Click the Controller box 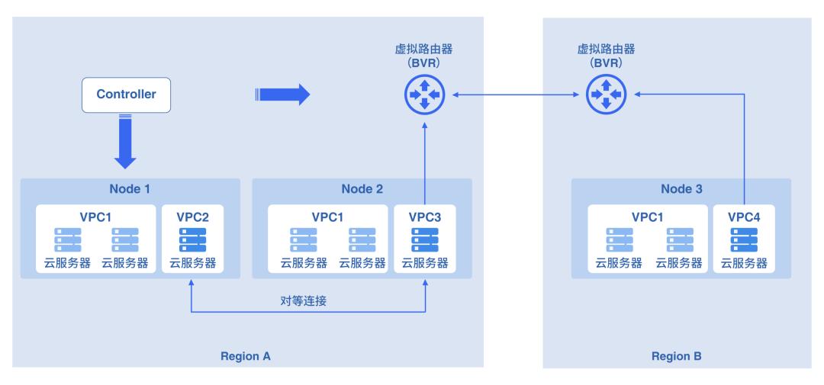pos(126,95)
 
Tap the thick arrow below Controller pos(126,142)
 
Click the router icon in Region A pos(424,95)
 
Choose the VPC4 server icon pos(744,239)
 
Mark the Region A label pos(245,356)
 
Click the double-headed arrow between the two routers pos(514,95)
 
